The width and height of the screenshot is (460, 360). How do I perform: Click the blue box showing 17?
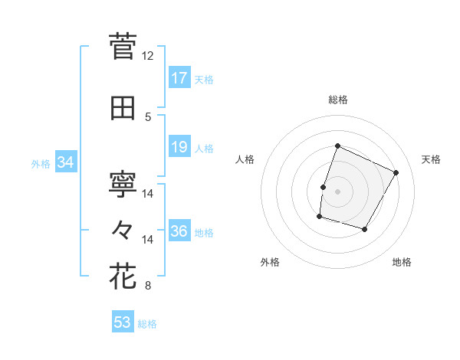pyautogui.click(x=179, y=78)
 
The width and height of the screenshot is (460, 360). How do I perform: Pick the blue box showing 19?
pyautogui.click(x=179, y=147)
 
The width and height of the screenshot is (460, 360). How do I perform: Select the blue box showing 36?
pyautogui.click(x=179, y=231)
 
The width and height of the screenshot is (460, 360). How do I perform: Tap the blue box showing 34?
pyautogui.click(x=65, y=162)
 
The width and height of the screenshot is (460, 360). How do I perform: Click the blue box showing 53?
pyautogui.click(x=123, y=322)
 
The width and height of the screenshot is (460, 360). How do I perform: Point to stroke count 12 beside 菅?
pyautogui.click(x=147, y=56)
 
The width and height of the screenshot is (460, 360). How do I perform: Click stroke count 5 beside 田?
pyautogui.click(x=148, y=116)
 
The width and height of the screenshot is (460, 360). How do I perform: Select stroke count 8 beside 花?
pyautogui.click(x=148, y=286)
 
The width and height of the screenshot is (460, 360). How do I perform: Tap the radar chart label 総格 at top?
pyautogui.click(x=338, y=100)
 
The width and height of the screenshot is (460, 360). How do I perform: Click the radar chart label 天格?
pyautogui.click(x=431, y=159)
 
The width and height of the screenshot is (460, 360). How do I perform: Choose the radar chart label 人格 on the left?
pyautogui.click(x=245, y=159)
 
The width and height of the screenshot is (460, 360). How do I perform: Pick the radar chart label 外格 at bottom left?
pyautogui.click(x=270, y=262)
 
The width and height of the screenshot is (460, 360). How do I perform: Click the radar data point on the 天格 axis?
pyautogui.click(x=396, y=172)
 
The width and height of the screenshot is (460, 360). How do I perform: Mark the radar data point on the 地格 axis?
pyautogui.click(x=365, y=229)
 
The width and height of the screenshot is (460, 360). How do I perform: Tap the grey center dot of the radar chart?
pyautogui.click(x=337, y=191)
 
